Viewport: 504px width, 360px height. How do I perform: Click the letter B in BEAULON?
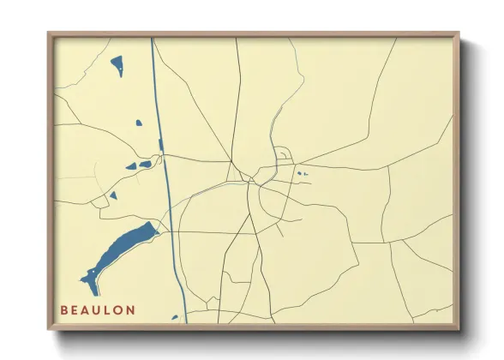coord(64,309)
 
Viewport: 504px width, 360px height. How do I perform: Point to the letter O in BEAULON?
coord(120,309)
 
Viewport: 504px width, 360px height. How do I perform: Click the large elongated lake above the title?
coord(120,249)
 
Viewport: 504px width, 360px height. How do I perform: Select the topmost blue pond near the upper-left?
coord(117,65)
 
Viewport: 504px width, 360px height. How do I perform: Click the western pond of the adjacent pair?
coord(131,166)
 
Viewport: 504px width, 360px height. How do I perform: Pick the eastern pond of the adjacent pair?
coord(145,163)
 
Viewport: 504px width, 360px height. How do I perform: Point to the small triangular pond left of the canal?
coord(113,195)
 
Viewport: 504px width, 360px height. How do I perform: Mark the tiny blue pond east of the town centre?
coord(299,174)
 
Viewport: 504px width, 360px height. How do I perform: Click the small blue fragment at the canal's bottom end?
coord(175,317)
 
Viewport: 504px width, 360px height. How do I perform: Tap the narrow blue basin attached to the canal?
coord(160,144)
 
